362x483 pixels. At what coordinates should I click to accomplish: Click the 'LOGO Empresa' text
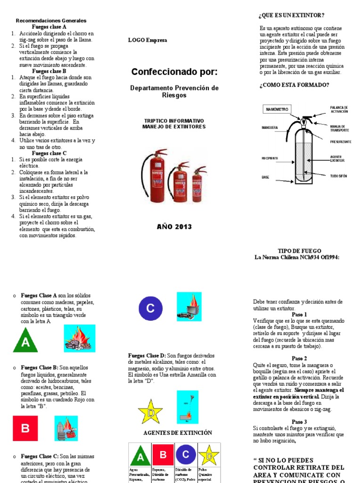tap(148, 40)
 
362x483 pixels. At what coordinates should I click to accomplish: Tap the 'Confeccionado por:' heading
tap(174, 72)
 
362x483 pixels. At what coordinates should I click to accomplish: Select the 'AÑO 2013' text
tap(174, 227)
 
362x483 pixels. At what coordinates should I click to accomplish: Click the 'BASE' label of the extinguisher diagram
tap(265, 177)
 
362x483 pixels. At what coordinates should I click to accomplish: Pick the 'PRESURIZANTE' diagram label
tap(340, 141)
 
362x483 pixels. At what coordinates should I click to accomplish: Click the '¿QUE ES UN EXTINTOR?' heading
tap(291, 15)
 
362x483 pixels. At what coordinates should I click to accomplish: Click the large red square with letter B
tap(25, 428)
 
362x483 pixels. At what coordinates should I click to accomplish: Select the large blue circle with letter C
tap(150, 309)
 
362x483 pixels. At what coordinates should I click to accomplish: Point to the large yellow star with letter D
tap(150, 411)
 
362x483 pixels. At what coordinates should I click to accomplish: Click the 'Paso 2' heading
tap(299, 358)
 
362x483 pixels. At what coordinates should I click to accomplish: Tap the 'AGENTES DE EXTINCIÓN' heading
tap(178, 433)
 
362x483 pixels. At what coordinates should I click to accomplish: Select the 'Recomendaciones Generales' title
tap(51, 21)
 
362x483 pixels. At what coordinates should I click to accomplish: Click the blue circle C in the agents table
tap(186, 455)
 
